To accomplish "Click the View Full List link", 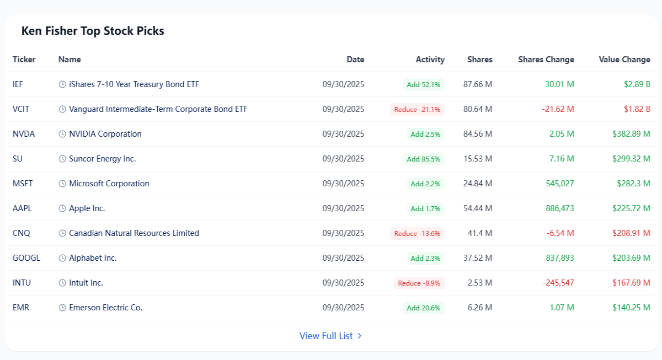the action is pyautogui.click(x=330, y=336).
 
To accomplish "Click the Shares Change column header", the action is pyautogui.click(x=546, y=60).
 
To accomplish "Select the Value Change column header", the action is pyautogui.click(x=624, y=60).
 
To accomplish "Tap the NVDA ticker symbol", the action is pyautogui.click(x=24, y=134).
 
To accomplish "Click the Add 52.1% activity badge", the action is pyautogui.click(x=424, y=84).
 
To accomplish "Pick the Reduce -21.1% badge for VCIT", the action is pyautogui.click(x=417, y=109).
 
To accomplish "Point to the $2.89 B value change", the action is pyautogui.click(x=637, y=84).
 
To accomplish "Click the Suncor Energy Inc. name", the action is pyautogui.click(x=102, y=159).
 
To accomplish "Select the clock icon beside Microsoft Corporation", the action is pyautogui.click(x=62, y=184).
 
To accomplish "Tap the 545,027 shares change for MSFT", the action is pyautogui.click(x=560, y=184).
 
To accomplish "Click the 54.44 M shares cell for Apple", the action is pyautogui.click(x=478, y=208).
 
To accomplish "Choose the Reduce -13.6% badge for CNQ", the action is pyautogui.click(x=417, y=233).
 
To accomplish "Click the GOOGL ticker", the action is pyautogui.click(x=26, y=258).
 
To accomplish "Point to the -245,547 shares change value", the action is pyautogui.click(x=558, y=283).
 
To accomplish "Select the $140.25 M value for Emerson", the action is pyautogui.click(x=631, y=308).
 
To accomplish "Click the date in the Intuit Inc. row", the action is pyautogui.click(x=343, y=283).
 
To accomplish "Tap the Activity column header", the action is pyautogui.click(x=430, y=60).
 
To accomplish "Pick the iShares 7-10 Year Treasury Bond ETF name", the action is pyautogui.click(x=134, y=84).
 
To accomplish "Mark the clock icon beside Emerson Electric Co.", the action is pyautogui.click(x=62, y=308).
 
